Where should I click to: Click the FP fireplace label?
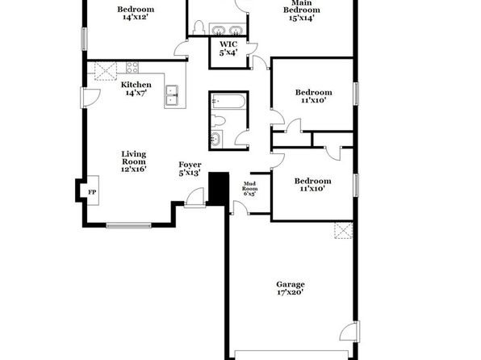point(92,192)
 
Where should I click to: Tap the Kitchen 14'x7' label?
point(136,89)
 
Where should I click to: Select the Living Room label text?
point(133,157)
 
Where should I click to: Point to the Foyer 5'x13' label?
point(190,169)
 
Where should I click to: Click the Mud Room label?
point(249,186)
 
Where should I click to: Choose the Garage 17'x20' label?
point(291,288)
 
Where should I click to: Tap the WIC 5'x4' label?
point(228,48)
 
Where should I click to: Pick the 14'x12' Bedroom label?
point(136,13)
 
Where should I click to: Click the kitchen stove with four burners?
point(132,68)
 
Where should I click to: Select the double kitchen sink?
point(172,95)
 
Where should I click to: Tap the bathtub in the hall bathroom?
point(228,101)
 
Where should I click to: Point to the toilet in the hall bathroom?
point(218,120)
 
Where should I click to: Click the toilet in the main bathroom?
point(199,27)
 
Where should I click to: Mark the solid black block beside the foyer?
point(219,188)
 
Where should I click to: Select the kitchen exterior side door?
point(90,98)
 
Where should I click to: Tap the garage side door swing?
point(349,332)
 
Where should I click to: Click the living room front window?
point(129,225)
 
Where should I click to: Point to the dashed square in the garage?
point(343,231)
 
